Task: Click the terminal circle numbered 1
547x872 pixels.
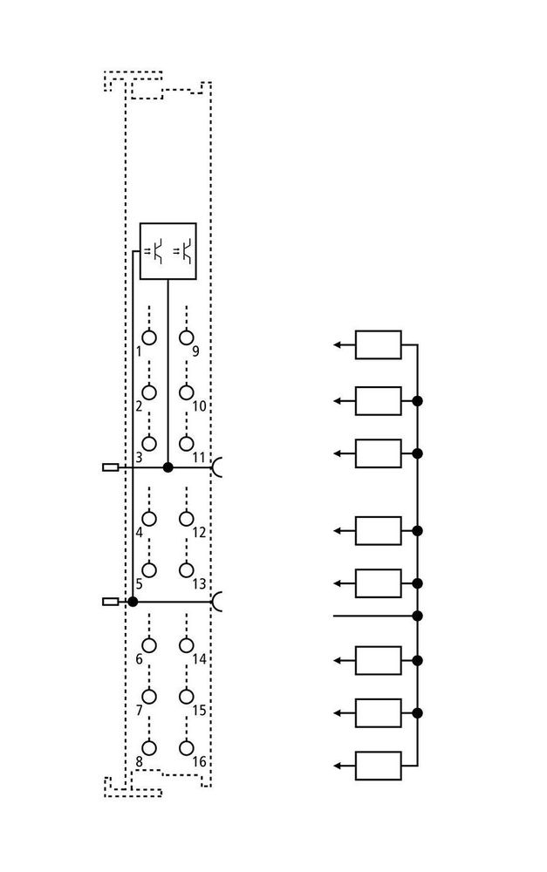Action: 149,337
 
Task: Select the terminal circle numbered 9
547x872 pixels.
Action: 187,337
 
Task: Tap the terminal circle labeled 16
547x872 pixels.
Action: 187,748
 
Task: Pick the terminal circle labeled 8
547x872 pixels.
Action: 149,748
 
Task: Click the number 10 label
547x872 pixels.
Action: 199,406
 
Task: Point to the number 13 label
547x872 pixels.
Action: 199,584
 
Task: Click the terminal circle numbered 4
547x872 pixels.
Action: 149,518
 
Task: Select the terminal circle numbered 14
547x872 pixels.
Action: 187,645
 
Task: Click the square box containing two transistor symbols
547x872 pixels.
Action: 168,251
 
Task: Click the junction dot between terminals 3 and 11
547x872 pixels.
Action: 168,467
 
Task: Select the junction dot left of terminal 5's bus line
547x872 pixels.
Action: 133,601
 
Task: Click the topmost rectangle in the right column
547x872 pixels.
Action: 379,344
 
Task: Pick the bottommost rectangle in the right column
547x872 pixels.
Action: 379,766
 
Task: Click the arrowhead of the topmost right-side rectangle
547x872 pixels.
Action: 337,344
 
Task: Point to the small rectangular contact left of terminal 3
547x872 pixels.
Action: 110,467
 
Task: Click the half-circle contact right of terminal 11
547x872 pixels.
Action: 217,467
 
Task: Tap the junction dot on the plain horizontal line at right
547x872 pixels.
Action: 417,616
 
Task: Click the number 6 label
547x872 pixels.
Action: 139,659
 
